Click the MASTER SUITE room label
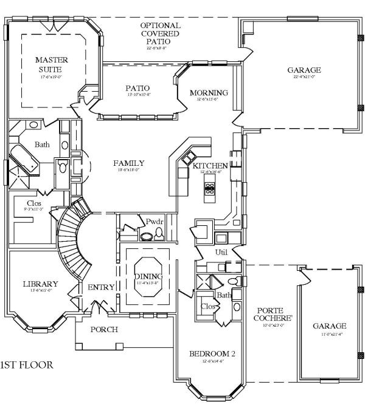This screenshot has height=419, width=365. coord(51,64)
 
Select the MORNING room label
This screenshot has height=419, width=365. coord(209,93)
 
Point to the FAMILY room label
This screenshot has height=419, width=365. coord(129,163)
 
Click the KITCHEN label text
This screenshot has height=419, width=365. coord(210,166)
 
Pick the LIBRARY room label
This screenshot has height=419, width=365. coord(40,284)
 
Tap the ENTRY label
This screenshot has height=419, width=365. coord(101,287)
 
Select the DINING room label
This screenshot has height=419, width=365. coord(148,277)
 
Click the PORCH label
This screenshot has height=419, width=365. coord(104,330)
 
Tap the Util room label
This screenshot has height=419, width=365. coord(221,251)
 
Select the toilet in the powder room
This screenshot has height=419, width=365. coord(148,236)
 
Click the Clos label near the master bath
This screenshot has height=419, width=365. coord(34,203)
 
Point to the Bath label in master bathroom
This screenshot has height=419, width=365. coord(42,145)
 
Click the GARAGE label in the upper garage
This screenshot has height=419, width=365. coord(304,70)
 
